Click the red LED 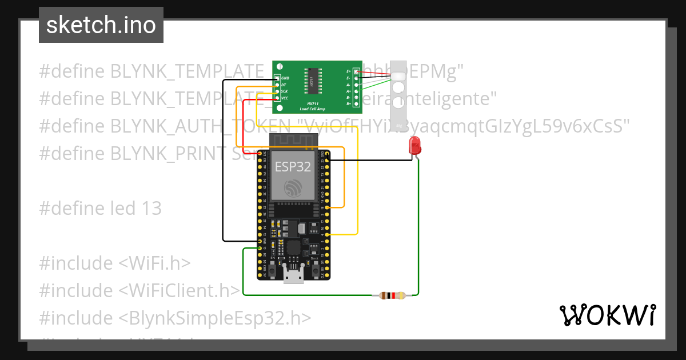pyautogui.click(x=414, y=145)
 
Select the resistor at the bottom pyautogui.click(x=389, y=295)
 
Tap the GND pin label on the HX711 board pyautogui.click(x=285, y=78)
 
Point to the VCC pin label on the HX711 pyautogui.click(x=284, y=98)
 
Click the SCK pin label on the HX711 pyautogui.click(x=284, y=91)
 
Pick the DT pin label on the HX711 pyautogui.click(x=284, y=85)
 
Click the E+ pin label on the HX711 pyautogui.click(x=349, y=71)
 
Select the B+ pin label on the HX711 pyautogui.click(x=349, y=105)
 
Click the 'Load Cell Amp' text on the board pyautogui.click(x=313, y=109)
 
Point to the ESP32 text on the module pyautogui.click(x=293, y=166)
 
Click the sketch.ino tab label pyautogui.click(x=101, y=25)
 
